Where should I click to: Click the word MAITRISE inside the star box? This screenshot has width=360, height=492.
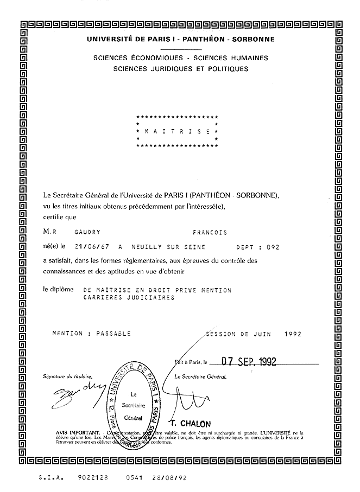[x=177, y=131]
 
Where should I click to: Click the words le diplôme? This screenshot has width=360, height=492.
[x=58, y=290]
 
